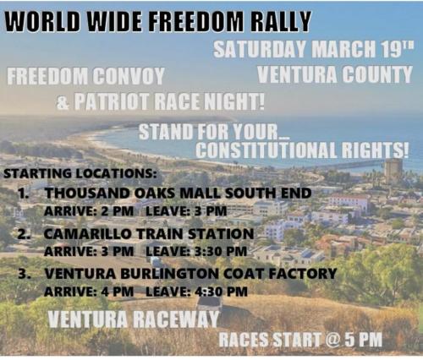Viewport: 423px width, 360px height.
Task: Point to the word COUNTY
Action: tap(376, 75)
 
